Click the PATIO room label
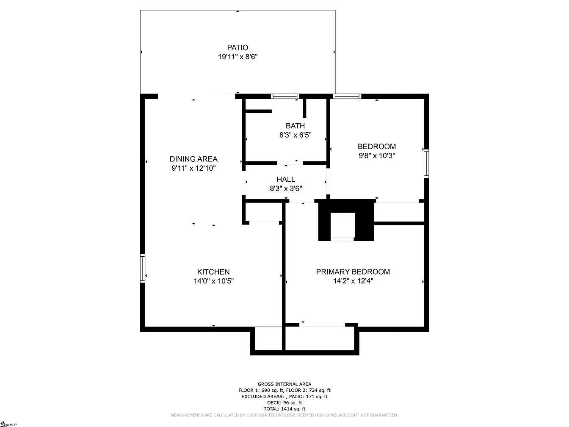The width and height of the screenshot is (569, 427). point(238,47)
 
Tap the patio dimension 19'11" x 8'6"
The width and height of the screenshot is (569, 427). point(238,57)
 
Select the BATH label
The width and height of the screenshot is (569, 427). point(295,126)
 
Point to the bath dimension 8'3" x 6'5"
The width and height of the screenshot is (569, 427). point(295,135)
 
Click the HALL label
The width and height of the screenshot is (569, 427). point(286,180)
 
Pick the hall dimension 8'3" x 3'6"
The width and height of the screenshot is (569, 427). point(286,189)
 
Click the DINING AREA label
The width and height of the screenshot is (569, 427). point(193,159)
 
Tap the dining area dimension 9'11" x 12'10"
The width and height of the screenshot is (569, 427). point(193,168)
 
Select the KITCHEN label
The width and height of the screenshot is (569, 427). point(213,272)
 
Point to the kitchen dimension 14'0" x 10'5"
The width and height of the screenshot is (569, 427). point(213,281)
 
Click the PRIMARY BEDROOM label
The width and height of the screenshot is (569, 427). point(353,272)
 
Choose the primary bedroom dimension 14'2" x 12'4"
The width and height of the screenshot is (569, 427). point(353,280)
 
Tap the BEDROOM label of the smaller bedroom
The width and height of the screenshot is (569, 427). point(377,147)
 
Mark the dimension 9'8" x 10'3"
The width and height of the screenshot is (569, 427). point(377,155)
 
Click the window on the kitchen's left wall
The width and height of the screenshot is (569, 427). point(143,268)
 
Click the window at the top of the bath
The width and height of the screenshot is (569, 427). point(285,97)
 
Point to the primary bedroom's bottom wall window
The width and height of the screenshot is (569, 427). point(323,325)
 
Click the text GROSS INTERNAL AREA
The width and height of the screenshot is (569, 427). point(284,384)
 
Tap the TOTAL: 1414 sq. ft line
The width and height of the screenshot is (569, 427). point(284,409)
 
